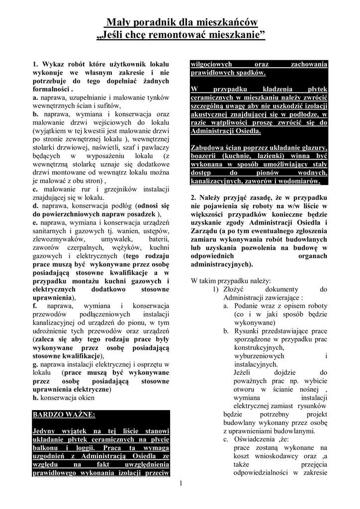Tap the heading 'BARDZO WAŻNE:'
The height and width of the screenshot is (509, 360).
click(x=64, y=414)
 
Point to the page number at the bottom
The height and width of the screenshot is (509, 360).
click(x=181, y=483)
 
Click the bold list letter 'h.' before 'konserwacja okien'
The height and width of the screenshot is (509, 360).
click(x=35, y=398)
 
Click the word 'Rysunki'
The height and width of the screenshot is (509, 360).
click(x=247, y=331)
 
